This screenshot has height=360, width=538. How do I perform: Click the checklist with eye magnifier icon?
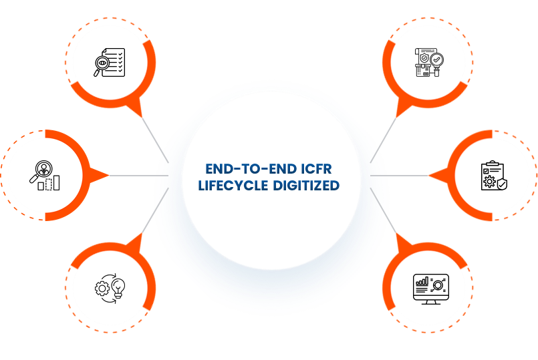(x=110, y=61)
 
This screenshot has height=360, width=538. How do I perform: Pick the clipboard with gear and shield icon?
(x=493, y=176)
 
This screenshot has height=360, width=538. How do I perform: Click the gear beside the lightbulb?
(x=102, y=289)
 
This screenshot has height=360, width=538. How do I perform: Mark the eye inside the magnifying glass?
(x=102, y=63)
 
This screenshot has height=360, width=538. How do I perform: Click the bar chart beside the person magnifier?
(x=49, y=182)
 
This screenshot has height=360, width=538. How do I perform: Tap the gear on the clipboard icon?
(x=489, y=182)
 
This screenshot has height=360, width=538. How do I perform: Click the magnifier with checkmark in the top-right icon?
(x=436, y=61)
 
